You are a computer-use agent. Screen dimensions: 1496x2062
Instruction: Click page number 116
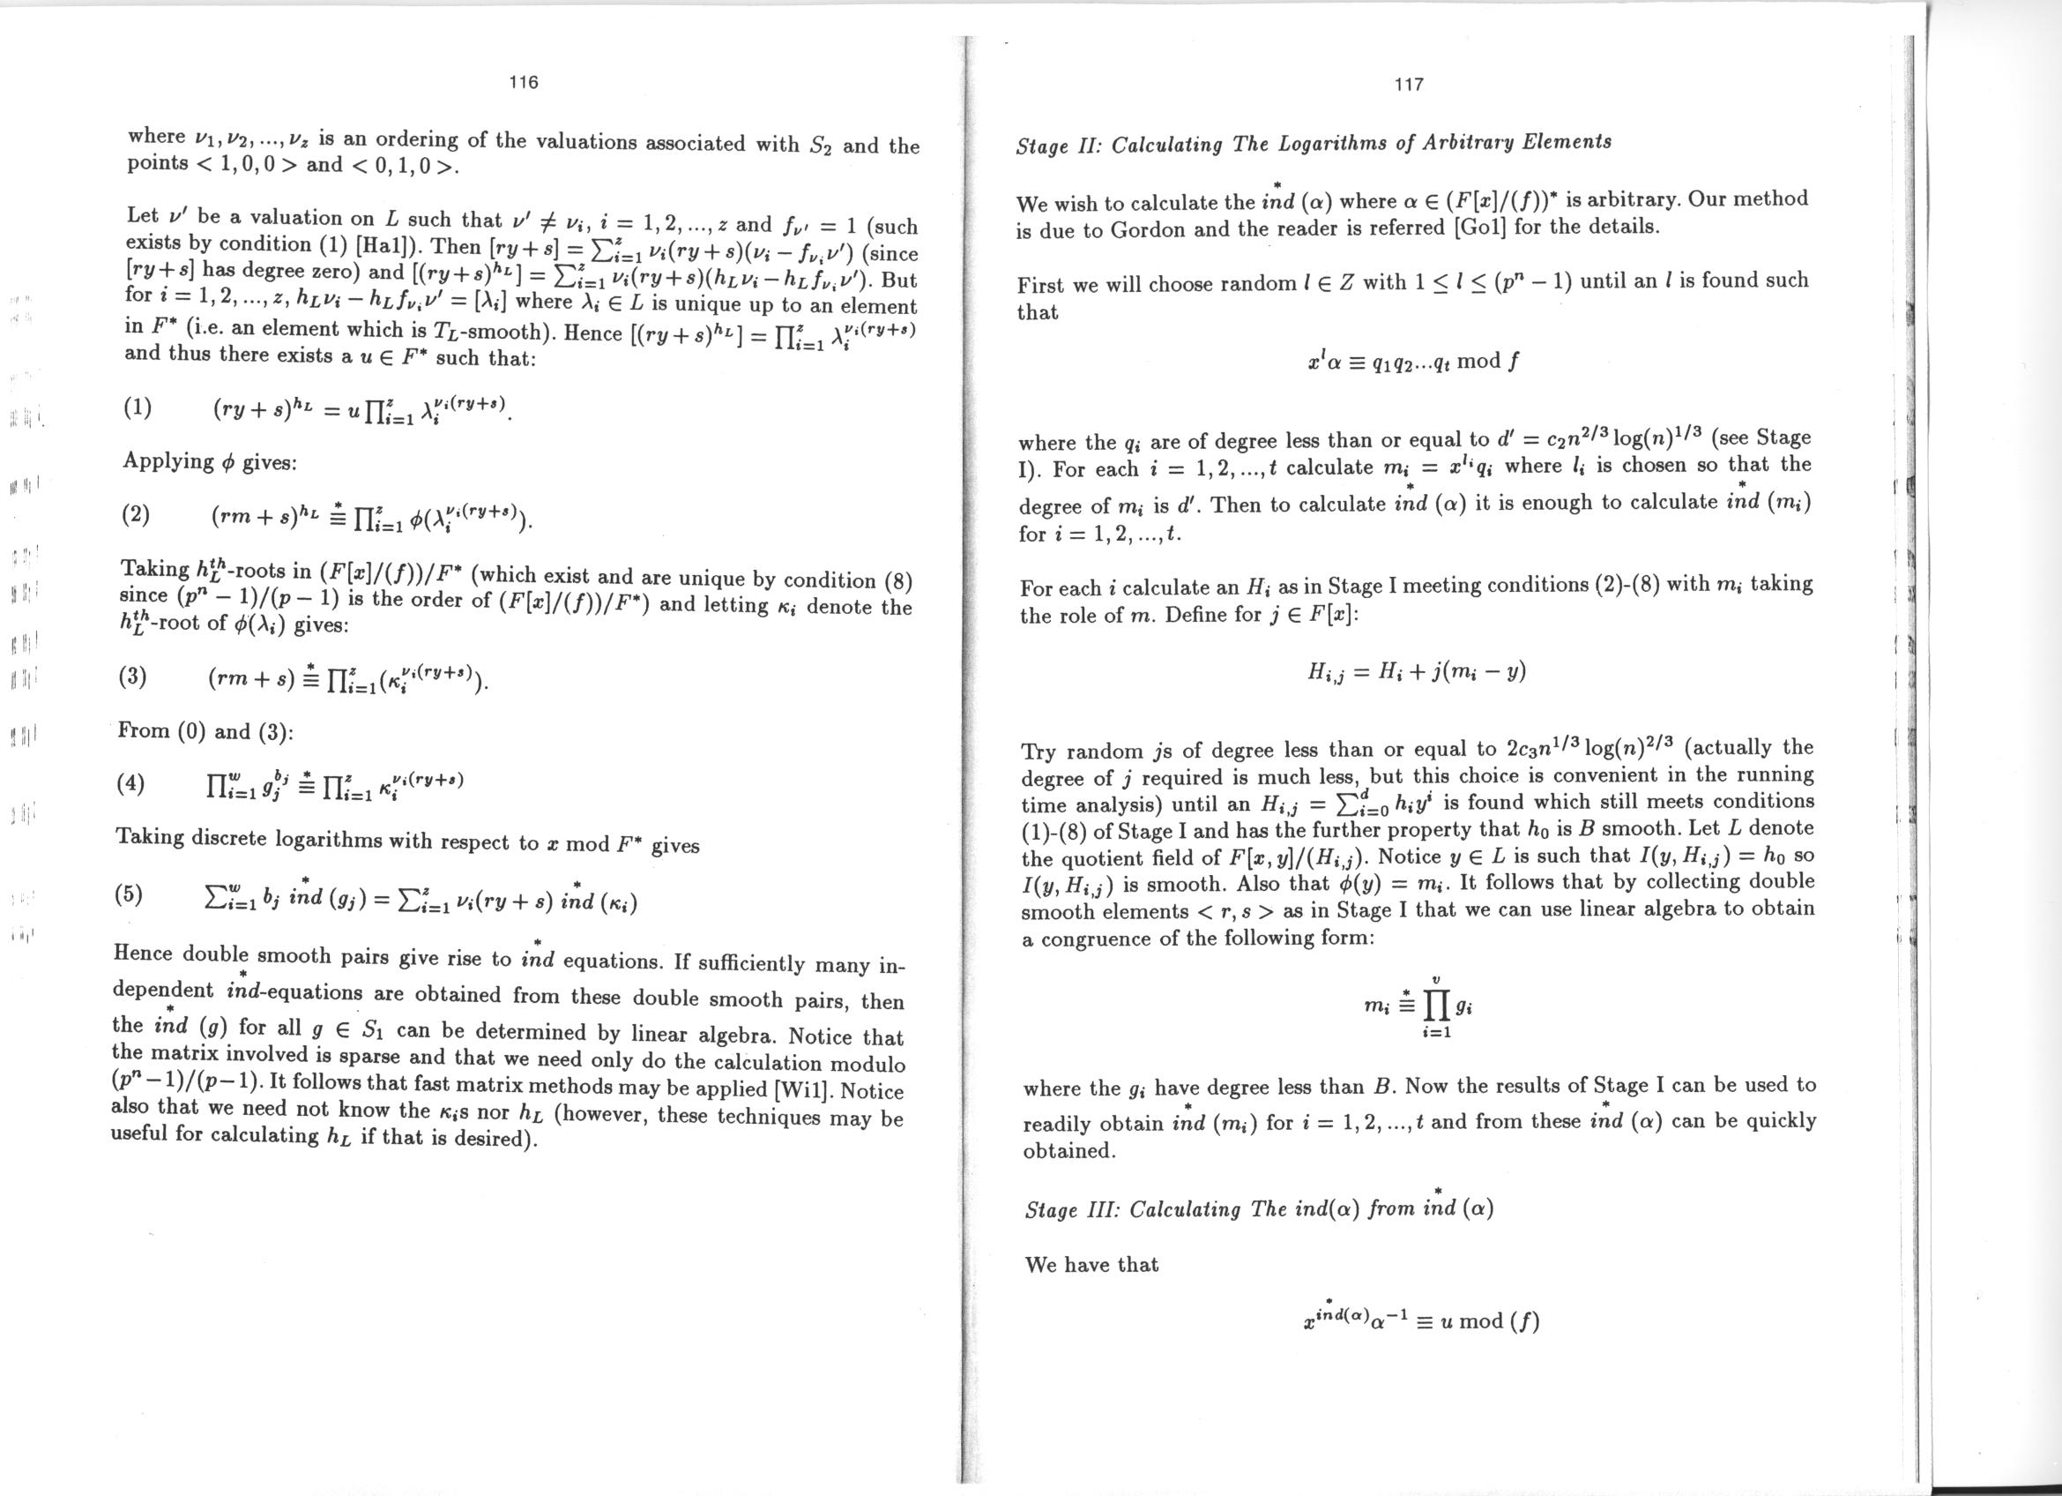coord(524,83)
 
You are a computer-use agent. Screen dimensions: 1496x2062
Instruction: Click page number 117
coord(1408,85)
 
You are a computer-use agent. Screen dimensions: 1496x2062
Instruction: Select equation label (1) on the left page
coord(137,408)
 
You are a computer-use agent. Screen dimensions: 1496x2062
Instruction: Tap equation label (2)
coord(136,516)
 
